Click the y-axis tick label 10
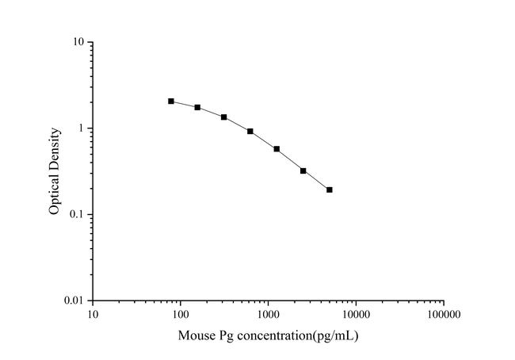click(x=78, y=42)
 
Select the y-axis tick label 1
click(x=80, y=128)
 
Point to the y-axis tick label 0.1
click(x=76, y=215)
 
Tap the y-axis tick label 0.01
click(x=74, y=301)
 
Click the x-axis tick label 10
click(x=93, y=315)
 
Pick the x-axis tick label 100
click(x=180, y=315)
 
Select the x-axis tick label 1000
click(x=268, y=315)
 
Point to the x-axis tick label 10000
click(x=356, y=315)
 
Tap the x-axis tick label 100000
click(x=444, y=315)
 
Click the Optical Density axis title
click(x=54, y=171)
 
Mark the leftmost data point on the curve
click(x=171, y=101)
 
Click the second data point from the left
click(x=197, y=107)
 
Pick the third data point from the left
click(x=224, y=117)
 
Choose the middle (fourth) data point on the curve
click(x=250, y=132)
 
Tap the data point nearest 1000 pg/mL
click(x=277, y=149)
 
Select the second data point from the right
click(x=303, y=170)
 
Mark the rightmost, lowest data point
click(x=330, y=190)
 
